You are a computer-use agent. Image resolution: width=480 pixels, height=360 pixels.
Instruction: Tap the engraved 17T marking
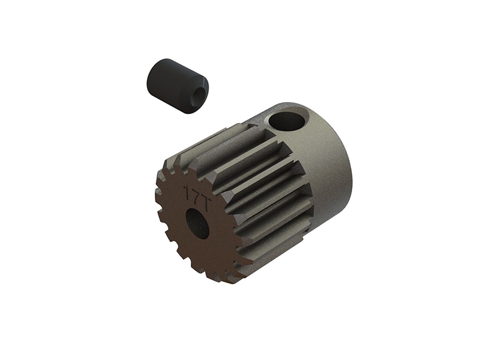tap(197, 197)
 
